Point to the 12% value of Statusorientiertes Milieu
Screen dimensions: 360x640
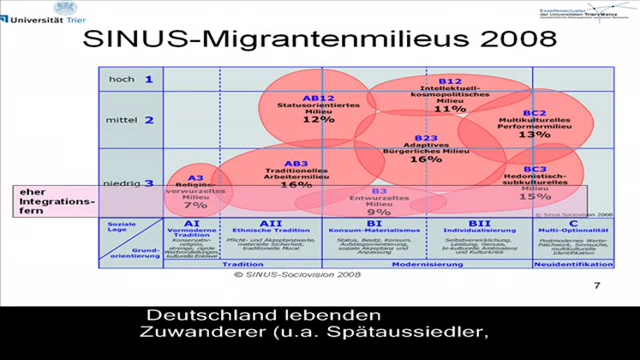(x=318, y=119)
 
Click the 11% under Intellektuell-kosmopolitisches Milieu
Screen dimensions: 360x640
(x=443, y=109)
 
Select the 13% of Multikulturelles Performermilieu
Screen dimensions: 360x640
(x=534, y=135)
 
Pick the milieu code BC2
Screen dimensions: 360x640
(x=535, y=113)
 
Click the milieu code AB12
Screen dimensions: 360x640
(x=318, y=98)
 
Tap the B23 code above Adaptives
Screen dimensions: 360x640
(x=426, y=138)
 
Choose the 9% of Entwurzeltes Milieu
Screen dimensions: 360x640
(x=379, y=211)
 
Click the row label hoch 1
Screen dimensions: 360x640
(x=130, y=80)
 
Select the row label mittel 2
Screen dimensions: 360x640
(x=129, y=120)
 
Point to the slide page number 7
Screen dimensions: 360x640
(x=596, y=285)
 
